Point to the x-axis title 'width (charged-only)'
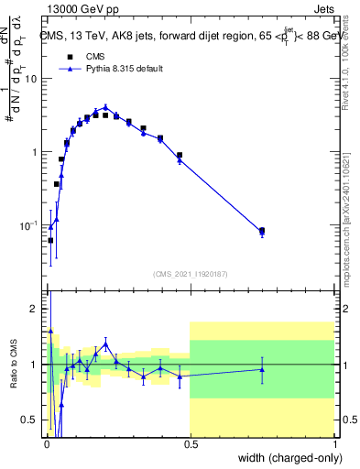[x=285, y=457]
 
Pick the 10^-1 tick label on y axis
[x=28, y=225]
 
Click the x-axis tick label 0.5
[x=190, y=443]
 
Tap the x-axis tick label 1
[x=334, y=443]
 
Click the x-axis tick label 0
[x=46, y=443]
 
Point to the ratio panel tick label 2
[x=35, y=309]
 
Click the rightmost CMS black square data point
[x=262, y=231]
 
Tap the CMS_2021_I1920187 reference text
[x=190, y=273]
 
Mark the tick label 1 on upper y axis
[x=35, y=152]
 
